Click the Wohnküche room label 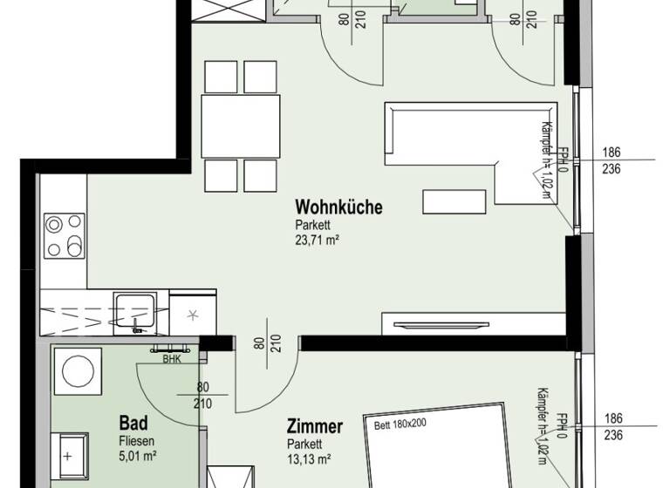338,207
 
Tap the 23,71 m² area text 317,241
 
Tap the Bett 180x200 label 400,426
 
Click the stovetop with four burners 65,235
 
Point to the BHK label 171,357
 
